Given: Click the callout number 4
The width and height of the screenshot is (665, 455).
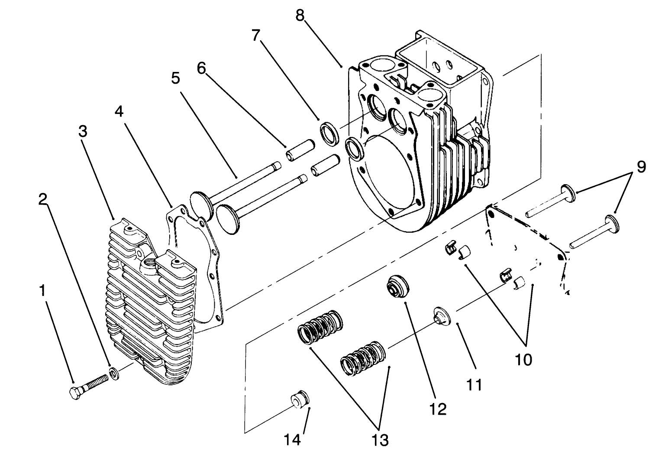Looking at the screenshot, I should click(119, 111).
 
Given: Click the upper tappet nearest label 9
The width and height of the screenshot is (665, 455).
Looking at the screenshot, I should click(567, 192).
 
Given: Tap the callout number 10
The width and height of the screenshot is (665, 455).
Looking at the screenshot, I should click(523, 360).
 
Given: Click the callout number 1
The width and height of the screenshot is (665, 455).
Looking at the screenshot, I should click(43, 291).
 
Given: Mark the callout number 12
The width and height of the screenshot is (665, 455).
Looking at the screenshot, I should click(438, 409).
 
